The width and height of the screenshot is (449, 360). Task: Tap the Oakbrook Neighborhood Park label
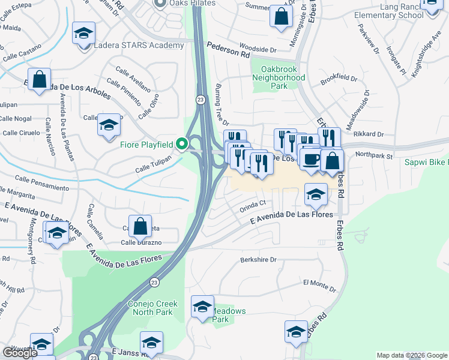coord(279,77)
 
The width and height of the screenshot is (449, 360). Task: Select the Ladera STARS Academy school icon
coord(83,32)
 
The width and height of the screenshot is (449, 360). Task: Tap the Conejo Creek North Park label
coord(153,308)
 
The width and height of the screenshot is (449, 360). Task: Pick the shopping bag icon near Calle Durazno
coord(140,226)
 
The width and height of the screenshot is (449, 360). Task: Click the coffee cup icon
coord(311,160)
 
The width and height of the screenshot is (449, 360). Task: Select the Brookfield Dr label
coord(339,79)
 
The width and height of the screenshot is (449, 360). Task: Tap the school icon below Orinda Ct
coord(316,194)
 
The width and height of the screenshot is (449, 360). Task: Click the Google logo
coord(20,353)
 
